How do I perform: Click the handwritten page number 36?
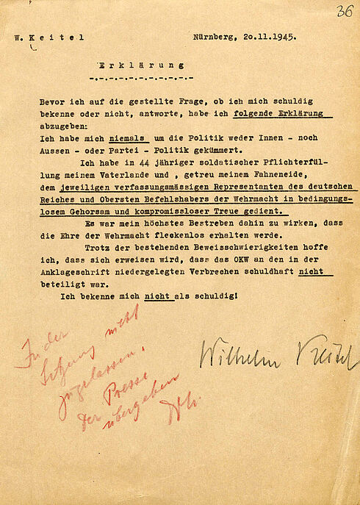pyautogui.click(x=344, y=12)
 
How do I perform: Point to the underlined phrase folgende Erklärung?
pyautogui.click(x=282, y=113)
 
